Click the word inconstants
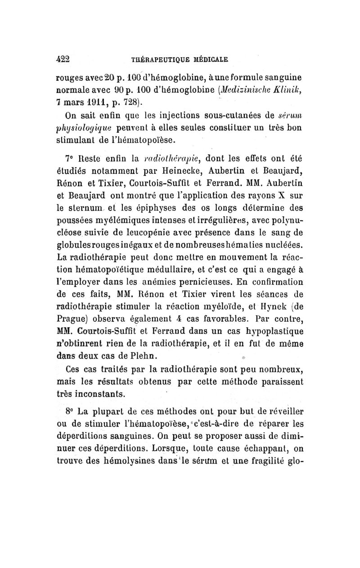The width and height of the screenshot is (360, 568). [x=97, y=393]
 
